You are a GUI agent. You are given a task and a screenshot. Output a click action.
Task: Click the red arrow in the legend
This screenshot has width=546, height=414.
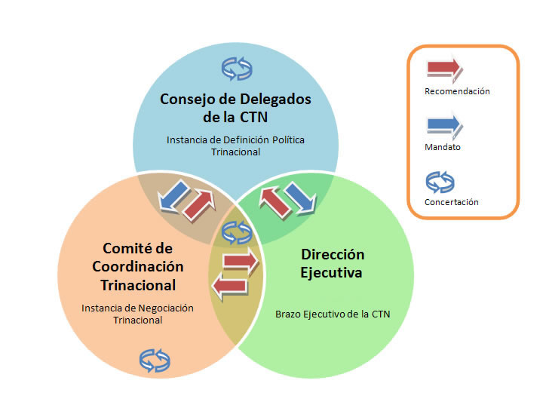[444, 69]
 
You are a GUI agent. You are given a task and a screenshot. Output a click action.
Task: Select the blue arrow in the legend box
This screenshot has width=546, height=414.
[444, 124]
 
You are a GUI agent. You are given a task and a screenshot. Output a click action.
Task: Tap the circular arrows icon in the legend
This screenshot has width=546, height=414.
[442, 179]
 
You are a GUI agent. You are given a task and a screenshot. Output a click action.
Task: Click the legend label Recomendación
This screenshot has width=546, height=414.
[457, 91]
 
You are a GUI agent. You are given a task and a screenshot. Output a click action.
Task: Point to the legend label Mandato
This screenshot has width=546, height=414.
[443, 147]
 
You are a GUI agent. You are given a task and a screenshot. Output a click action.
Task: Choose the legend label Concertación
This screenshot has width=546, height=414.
[451, 202]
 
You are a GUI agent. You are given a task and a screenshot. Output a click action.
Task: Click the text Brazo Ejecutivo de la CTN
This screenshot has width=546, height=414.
[332, 313]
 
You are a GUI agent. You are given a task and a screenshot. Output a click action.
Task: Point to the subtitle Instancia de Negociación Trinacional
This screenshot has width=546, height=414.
[137, 314]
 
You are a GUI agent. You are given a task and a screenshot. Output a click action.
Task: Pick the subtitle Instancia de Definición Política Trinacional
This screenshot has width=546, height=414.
[235, 146]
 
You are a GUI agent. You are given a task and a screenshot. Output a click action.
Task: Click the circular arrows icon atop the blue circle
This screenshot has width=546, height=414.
[235, 69]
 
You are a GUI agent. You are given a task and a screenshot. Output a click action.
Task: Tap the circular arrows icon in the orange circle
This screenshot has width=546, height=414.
[155, 359]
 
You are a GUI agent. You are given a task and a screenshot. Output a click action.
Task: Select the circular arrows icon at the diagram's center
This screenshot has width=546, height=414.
[237, 232]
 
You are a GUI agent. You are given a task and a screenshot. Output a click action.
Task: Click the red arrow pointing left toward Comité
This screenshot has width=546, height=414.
[229, 286]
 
